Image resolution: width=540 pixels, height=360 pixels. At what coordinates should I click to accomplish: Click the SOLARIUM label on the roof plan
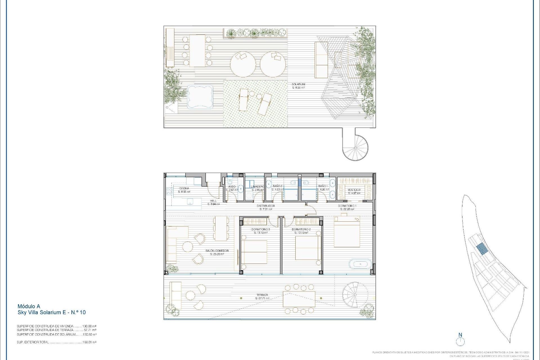point(298,84)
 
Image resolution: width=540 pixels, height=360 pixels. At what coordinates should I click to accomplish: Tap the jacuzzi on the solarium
point(200,97)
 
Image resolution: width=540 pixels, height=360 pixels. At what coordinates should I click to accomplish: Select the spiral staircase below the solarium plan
point(355,148)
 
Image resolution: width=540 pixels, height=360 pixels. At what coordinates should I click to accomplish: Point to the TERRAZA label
point(262,295)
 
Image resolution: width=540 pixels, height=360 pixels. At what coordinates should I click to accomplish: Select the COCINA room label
point(184,188)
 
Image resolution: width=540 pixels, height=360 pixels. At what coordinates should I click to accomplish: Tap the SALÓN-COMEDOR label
point(217,251)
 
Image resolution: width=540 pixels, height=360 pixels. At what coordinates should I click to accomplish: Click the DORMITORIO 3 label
point(260,229)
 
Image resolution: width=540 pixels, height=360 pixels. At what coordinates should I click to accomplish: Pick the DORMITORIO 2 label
point(301,229)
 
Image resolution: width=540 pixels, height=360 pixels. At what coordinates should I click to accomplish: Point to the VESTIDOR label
point(354,190)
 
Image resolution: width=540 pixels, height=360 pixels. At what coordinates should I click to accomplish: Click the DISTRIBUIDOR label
point(265,206)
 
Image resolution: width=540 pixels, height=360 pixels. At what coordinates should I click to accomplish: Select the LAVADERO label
point(258,187)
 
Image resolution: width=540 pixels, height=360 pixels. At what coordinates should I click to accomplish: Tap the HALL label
point(213,201)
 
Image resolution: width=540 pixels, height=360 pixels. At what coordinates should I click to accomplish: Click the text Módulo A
point(29,306)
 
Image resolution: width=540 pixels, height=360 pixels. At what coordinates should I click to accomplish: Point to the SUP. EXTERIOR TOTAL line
point(56,342)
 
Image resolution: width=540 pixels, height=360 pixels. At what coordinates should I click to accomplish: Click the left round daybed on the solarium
point(243,64)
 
